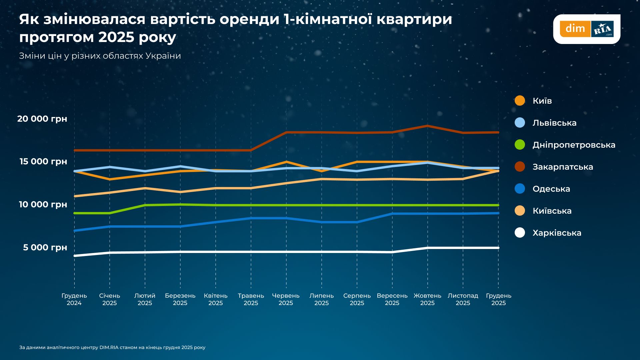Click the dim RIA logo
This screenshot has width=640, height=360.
[587, 29]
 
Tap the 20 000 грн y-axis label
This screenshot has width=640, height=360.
[42, 119]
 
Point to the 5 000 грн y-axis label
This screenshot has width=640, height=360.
[45, 247]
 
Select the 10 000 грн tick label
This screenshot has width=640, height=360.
[43, 204]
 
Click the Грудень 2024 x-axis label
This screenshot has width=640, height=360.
[74, 299]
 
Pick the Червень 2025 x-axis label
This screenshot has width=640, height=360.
[286, 299]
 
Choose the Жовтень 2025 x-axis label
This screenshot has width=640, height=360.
[427, 299]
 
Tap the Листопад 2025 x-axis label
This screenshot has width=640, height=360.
[463, 299]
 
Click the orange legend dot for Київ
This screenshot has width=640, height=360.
[520, 101]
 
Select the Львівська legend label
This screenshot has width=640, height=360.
[554, 123]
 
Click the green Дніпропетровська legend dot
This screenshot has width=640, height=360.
[520, 145]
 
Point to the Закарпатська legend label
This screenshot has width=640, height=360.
[563, 167]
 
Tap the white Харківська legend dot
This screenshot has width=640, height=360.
[520, 233]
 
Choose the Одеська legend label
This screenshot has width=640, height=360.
[551, 189]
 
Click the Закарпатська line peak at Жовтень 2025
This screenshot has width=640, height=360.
[427, 126]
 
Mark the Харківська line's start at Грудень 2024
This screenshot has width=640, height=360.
[75, 256]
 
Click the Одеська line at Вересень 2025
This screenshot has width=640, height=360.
[392, 214]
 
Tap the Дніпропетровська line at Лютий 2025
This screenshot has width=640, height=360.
[145, 205]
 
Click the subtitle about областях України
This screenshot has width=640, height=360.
[100, 56]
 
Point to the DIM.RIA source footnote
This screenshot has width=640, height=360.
[112, 347]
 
